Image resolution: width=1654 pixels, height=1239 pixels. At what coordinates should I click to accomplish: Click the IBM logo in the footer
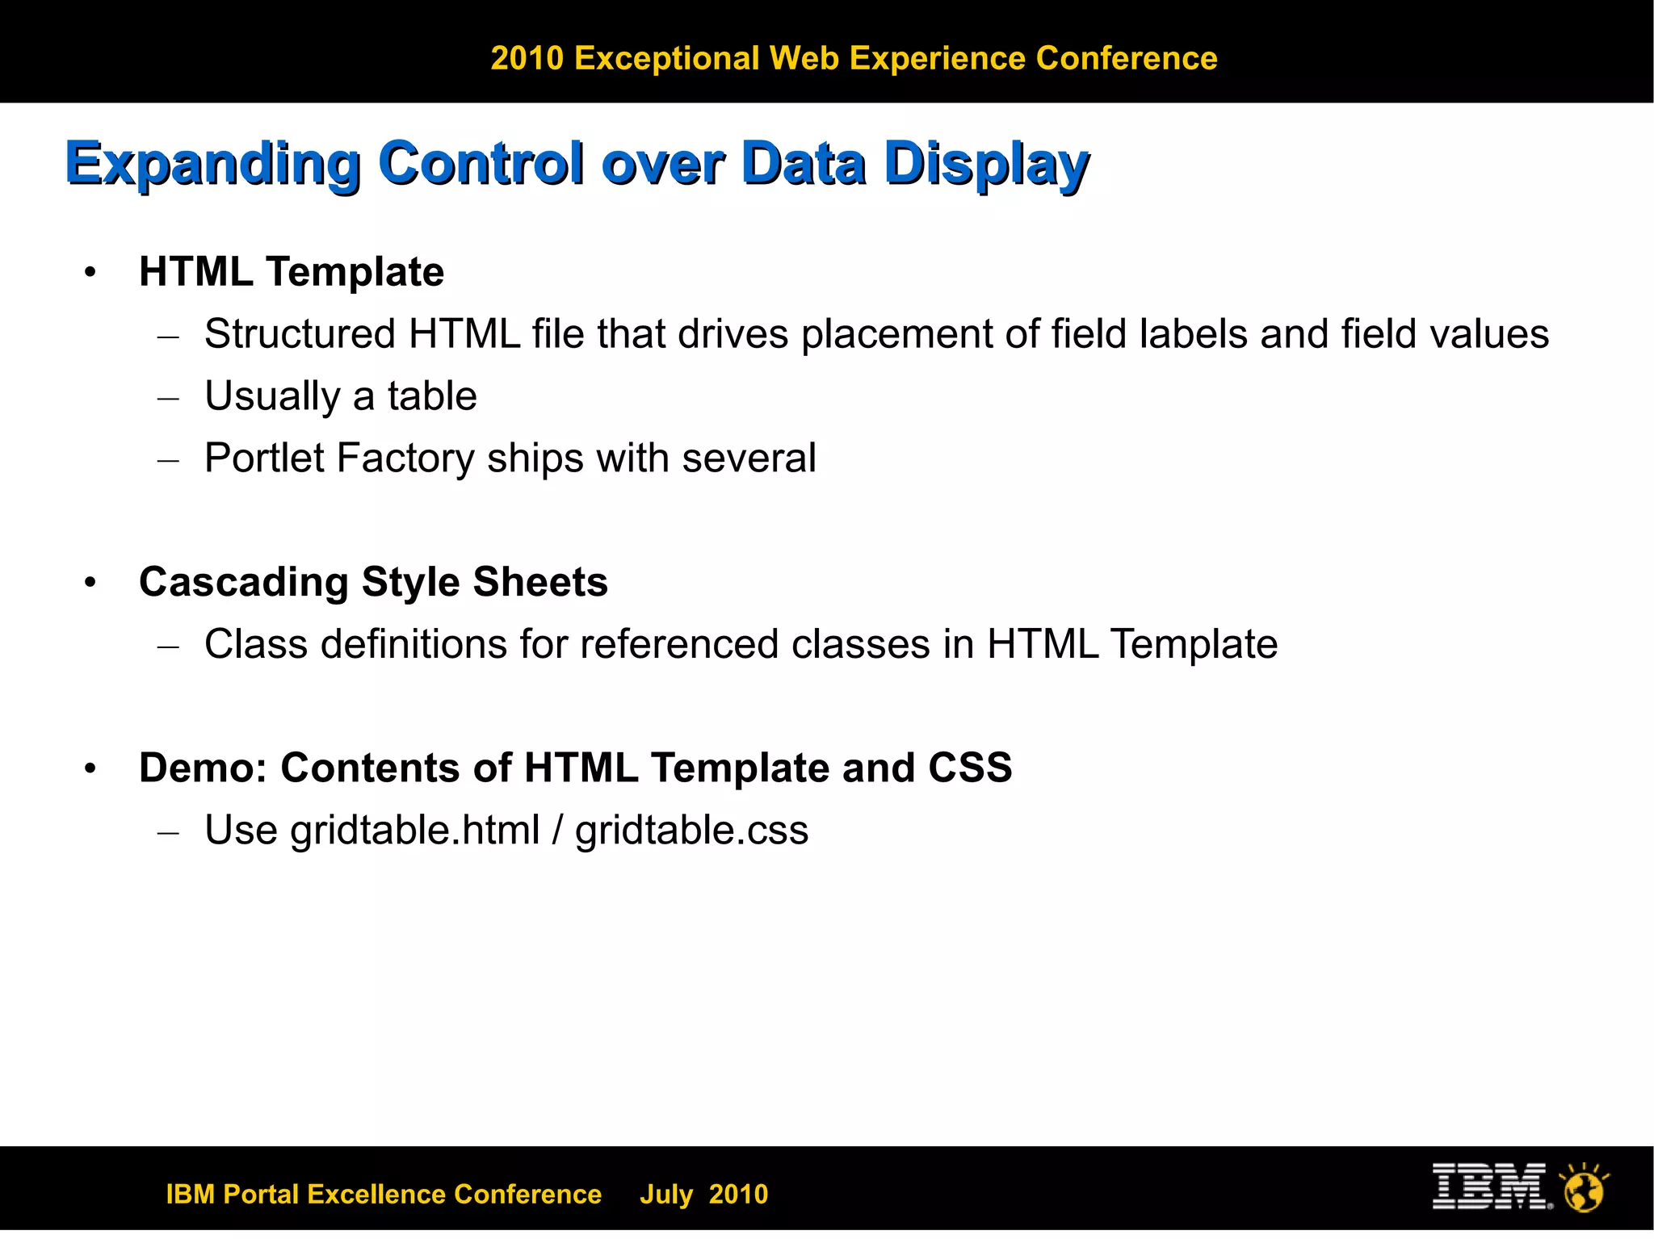[1490, 1187]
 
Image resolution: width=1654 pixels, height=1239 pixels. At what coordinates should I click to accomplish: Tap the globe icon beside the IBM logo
[1585, 1188]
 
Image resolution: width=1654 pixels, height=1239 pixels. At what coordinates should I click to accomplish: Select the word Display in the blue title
[987, 164]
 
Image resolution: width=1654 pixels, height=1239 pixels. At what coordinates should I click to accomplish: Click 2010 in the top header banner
[527, 58]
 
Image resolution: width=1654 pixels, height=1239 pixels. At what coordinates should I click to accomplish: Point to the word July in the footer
[666, 1194]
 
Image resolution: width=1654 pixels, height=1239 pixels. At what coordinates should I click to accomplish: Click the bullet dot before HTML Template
[90, 273]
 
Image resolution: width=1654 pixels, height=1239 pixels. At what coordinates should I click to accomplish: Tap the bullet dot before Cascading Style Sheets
[90, 583]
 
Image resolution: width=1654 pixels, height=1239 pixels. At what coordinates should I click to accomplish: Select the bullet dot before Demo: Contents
[90, 768]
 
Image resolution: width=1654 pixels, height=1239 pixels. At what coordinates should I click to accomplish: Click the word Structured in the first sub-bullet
[300, 334]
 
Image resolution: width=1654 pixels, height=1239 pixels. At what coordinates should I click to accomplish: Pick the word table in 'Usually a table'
[432, 396]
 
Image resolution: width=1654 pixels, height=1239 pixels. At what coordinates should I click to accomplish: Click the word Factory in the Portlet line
[405, 458]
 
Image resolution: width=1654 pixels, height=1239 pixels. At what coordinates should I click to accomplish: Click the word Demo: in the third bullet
[203, 768]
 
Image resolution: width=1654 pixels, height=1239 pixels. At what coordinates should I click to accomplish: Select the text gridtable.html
[414, 831]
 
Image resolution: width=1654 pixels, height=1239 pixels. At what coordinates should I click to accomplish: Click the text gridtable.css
[691, 831]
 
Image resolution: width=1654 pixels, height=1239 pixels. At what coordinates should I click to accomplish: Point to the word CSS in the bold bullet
[970, 768]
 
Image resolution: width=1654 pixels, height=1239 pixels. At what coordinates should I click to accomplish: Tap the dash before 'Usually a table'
[168, 398]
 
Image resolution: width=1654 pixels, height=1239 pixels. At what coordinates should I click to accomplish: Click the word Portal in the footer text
[261, 1194]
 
